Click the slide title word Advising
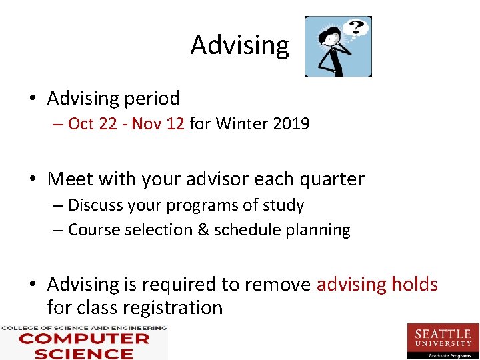point(239,45)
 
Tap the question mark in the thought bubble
point(358,28)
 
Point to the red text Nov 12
point(158,124)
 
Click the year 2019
point(291,124)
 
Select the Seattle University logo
point(443,340)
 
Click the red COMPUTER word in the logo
point(84,339)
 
